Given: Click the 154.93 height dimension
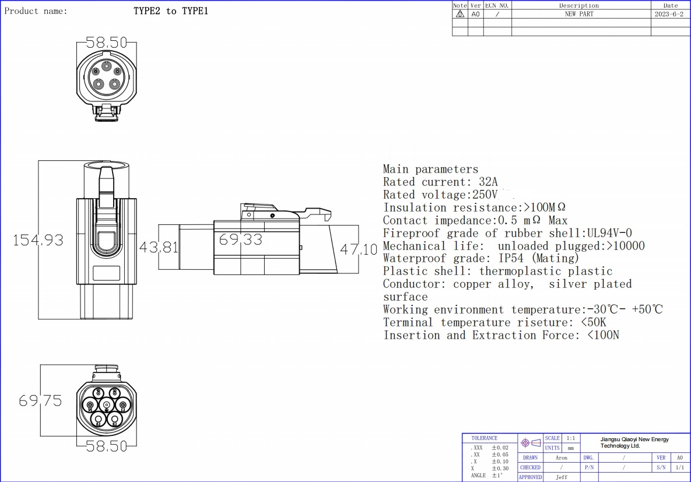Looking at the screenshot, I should click(x=38, y=240).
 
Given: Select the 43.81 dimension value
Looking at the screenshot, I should click(x=159, y=248).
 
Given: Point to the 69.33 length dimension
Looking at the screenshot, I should click(x=240, y=240).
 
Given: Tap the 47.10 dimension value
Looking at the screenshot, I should click(x=359, y=250).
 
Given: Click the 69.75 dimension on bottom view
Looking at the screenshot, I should click(x=40, y=401).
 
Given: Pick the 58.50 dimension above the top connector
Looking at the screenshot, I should click(x=107, y=43).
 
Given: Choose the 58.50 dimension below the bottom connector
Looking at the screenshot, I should click(x=107, y=446).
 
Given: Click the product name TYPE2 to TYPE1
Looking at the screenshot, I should click(x=171, y=11).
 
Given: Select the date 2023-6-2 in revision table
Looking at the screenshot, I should click(x=669, y=14).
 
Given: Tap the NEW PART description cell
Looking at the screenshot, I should click(x=578, y=14).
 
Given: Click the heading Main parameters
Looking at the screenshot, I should click(x=430, y=169).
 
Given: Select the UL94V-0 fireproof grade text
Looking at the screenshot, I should click(x=609, y=233).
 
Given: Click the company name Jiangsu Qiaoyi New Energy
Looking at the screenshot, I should click(x=634, y=439).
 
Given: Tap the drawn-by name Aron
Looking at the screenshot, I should click(x=561, y=458).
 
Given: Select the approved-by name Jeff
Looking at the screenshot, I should click(x=561, y=477).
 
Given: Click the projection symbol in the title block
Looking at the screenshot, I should click(x=531, y=443).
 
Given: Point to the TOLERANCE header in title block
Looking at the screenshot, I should click(x=484, y=438).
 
